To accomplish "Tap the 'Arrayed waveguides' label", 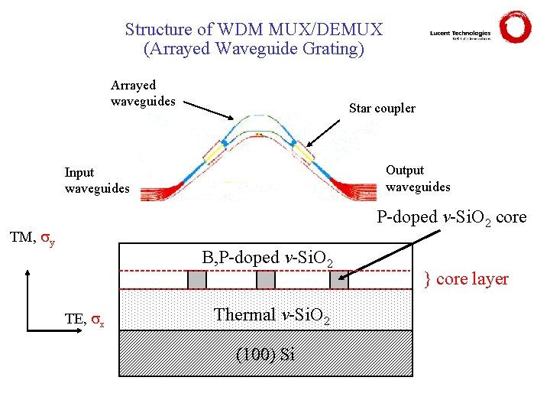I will [x=143, y=93].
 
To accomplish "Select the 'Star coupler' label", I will [x=382, y=109].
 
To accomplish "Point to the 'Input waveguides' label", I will [x=98, y=180].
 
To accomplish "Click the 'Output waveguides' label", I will [x=418, y=178].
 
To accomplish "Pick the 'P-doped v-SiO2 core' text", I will [x=451, y=218].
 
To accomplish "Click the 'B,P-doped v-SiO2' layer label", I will [x=267, y=259].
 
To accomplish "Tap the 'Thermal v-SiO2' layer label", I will [x=273, y=315].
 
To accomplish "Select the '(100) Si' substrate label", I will [x=264, y=354].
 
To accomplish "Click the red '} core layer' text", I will [x=466, y=279].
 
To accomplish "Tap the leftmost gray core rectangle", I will [x=197, y=280].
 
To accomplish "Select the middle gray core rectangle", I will [x=265, y=280].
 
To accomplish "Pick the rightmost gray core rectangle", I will [x=338, y=280].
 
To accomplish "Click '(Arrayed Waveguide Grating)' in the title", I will [x=254, y=49].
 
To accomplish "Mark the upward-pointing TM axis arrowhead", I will [x=28, y=273].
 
